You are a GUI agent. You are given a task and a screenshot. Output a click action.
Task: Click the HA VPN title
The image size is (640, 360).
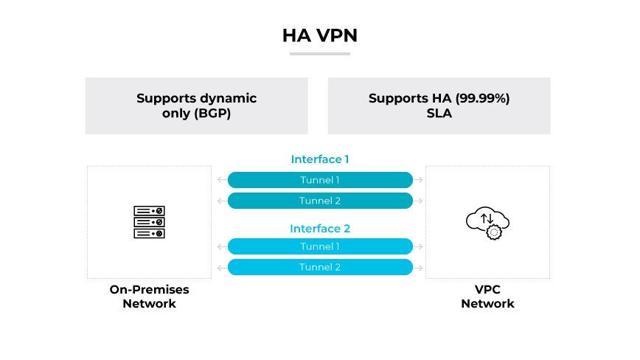pos(319,35)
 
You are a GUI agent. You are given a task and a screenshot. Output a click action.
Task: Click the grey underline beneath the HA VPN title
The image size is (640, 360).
pos(319,54)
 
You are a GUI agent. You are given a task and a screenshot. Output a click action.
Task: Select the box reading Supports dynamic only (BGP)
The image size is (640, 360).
pos(196,105)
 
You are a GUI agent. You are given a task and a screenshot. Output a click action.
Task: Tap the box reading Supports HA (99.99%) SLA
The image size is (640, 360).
pos(439,105)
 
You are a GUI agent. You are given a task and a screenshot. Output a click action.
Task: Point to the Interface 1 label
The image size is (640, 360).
pos(320,159)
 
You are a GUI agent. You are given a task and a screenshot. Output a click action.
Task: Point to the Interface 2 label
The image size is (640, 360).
pos(320,229)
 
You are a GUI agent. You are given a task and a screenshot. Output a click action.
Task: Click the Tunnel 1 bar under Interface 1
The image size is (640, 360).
pos(320,180)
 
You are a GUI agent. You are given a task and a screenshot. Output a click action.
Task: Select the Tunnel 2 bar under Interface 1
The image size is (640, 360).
pos(320,201)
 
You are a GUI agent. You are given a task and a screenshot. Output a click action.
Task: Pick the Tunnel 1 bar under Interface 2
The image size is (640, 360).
pos(320,246)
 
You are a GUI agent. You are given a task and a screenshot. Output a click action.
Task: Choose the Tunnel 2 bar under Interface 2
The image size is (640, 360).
pos(320,267)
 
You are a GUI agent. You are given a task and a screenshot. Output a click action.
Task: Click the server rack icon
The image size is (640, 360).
pos(149,222)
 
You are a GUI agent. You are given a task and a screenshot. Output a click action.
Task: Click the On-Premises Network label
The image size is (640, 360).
pos(149,297)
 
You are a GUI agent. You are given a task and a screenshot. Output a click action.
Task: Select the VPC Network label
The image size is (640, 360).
pos(487,297)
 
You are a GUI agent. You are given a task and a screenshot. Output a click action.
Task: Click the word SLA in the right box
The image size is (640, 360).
pos(439,114)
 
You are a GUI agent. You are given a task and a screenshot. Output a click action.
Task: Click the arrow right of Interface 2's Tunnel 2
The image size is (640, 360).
pos(419,267)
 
